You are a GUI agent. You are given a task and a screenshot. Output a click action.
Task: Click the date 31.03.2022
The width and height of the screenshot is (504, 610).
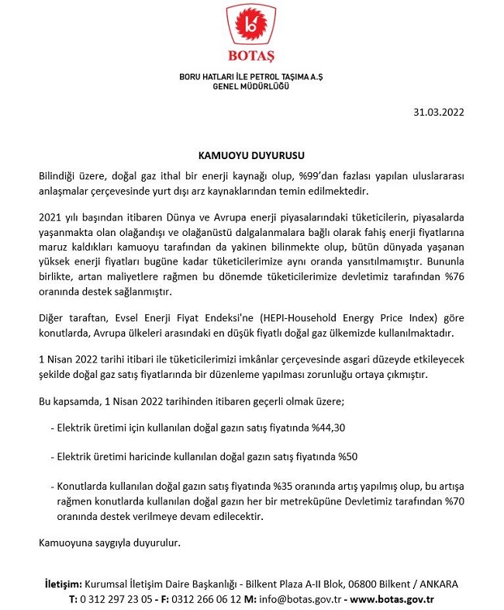tap(440, 112)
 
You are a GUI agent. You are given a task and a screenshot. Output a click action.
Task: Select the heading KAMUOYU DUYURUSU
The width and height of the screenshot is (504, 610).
tap(251, 155)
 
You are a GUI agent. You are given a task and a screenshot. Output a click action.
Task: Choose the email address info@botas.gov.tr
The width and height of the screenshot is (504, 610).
tap(298, 598)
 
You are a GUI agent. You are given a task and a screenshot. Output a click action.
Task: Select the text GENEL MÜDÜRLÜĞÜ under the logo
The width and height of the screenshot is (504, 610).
tap(251, 87)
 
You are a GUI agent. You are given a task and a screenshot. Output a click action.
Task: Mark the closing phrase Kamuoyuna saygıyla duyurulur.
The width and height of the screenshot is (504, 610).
tap(109, 542)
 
